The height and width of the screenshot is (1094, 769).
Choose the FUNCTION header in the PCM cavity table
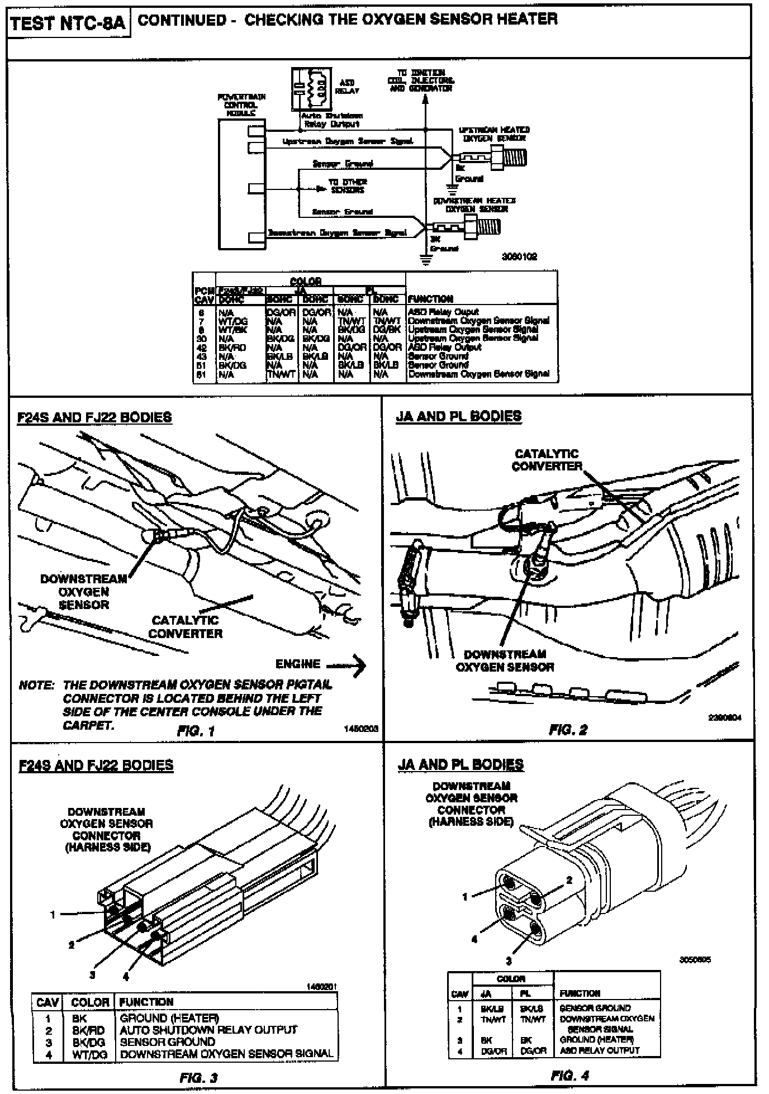430,299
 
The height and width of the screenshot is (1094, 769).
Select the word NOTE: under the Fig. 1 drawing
36,685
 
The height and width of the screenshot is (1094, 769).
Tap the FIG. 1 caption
196,730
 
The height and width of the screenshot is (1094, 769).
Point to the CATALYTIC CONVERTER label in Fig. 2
547,460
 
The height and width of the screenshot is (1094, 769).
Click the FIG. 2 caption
568,729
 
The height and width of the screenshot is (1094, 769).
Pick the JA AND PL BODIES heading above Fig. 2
459,417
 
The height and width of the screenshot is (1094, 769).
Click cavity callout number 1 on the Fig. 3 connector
53,915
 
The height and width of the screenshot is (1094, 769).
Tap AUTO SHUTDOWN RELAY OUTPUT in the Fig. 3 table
208,1030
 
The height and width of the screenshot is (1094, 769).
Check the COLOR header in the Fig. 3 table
91,1002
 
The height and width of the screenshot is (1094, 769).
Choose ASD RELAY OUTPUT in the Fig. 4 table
599,1050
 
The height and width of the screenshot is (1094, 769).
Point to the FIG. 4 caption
570,1075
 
